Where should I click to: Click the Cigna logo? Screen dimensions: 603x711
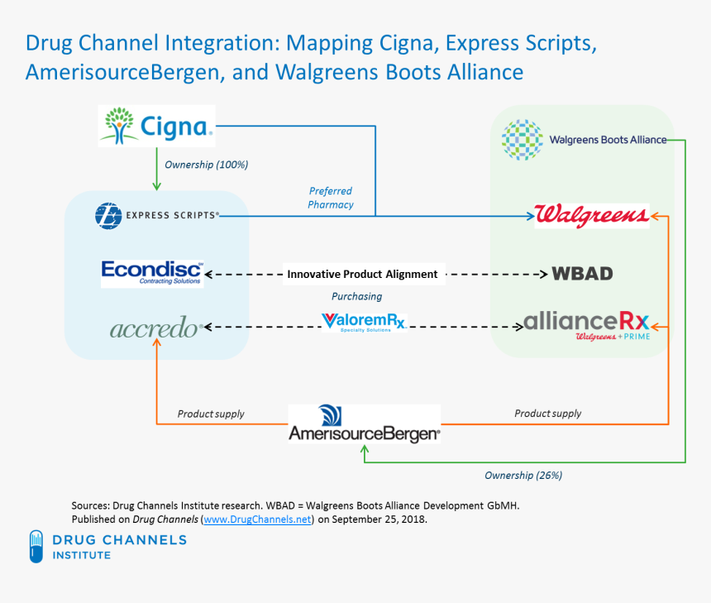coord(156,127)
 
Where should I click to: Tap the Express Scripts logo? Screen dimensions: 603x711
coord(158,215)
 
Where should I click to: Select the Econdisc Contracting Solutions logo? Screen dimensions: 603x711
coord(151,272)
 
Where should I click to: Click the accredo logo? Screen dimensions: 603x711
coord(155,328)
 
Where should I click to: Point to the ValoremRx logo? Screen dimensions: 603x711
coord(363,321)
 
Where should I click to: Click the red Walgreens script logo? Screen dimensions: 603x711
coord(591,215)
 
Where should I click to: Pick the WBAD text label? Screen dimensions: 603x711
coord(582,273)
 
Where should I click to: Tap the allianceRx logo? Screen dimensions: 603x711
coord(586,323)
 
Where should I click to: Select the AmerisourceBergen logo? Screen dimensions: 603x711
coord(364,424)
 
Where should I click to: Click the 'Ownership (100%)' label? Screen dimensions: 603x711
coord(207,165)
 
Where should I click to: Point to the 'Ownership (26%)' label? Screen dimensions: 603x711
coord(523,476)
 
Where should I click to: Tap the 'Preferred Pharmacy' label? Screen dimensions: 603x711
coord(331,198)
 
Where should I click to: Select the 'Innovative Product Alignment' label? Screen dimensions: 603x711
coord(361,274)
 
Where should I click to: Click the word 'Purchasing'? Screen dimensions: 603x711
coord(356,296)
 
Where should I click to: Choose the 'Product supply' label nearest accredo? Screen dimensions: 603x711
coord(211,414)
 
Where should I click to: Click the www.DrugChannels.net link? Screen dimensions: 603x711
coord(258,519)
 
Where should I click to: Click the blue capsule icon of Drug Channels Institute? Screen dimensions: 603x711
coord(36,546)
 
